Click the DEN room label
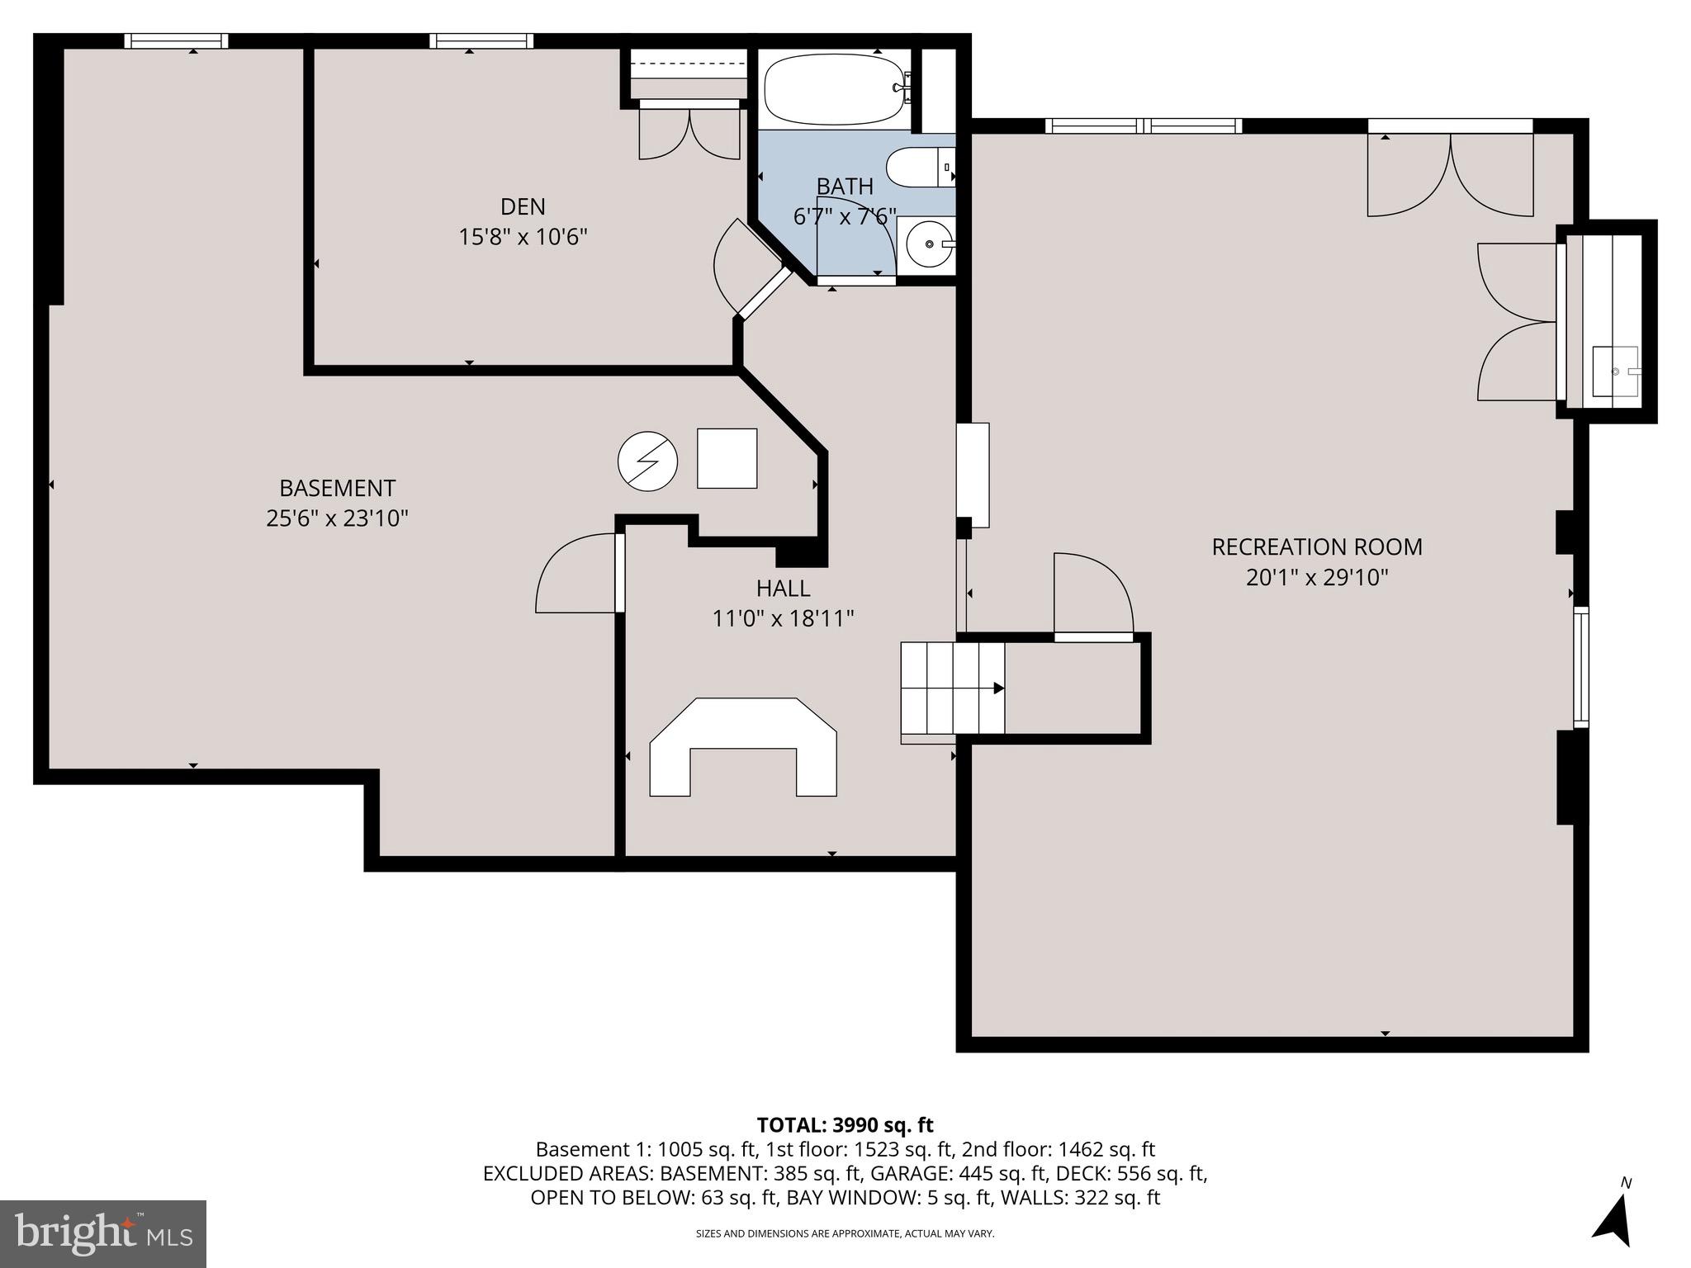pos(523,206)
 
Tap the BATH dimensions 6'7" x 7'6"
pos(844,217)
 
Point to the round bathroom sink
pos(929,244)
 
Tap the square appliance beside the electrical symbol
pos(727,458)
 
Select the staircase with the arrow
pos(952,688)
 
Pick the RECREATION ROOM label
pos(1316,546)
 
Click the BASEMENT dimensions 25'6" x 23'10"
pos(337,518)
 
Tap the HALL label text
pos(783,588)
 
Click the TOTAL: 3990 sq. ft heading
pos(845,1124)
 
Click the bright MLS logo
pos(103,1233)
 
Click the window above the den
pos(481,40)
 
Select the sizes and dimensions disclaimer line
pos(845,1233)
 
